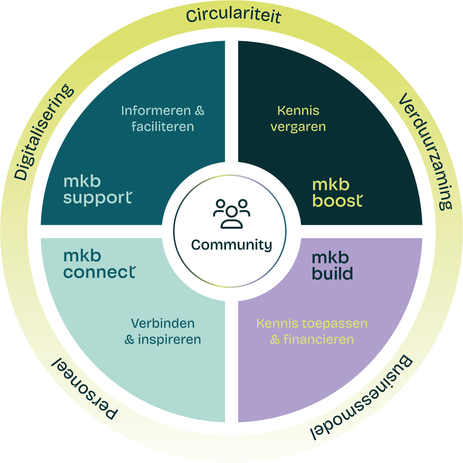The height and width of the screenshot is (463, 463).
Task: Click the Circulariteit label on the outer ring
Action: coord(233,16)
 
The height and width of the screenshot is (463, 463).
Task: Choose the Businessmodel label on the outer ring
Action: coord(361,399)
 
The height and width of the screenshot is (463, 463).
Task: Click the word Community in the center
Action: coord(231,245)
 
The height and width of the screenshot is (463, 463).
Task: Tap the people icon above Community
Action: coord(232,214)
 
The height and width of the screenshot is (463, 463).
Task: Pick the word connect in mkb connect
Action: coord(99,272)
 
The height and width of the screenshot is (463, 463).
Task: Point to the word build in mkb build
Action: coord(332,274)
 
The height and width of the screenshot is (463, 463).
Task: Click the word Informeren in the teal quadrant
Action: coord(156,111)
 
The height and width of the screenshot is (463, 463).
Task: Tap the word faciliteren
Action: coord(162,127)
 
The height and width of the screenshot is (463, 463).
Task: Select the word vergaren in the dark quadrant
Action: coord(298,127)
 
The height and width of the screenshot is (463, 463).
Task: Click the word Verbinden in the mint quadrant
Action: coord(163,324)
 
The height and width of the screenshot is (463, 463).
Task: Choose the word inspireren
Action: coord(169,339)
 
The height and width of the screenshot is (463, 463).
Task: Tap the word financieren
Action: coord(318,339)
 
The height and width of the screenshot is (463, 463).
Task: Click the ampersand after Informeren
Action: coord(200,111)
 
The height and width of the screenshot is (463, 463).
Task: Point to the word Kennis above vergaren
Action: coord(298,111)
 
